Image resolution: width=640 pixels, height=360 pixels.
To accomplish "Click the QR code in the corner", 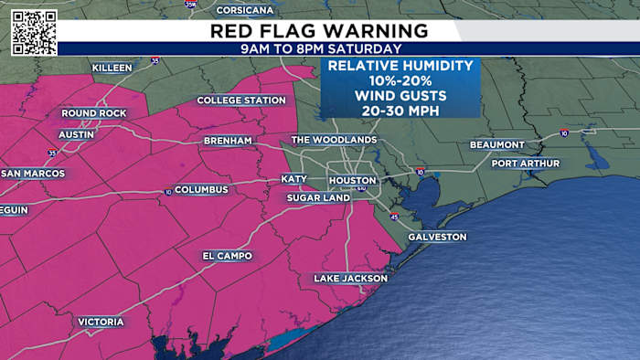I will [34, 32].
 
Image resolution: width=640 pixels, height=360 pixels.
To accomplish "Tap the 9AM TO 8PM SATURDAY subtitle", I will [320, 48].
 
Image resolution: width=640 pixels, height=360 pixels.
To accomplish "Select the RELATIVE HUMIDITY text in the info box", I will [400, 66].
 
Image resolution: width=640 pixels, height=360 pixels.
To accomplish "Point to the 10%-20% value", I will [400, 80].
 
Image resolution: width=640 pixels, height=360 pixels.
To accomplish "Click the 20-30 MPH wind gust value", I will [400, 110].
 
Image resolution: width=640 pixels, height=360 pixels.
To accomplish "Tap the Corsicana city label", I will [245, 10].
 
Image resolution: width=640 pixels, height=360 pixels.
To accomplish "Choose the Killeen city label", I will [112, 69].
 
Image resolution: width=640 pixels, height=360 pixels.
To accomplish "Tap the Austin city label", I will [77, 134].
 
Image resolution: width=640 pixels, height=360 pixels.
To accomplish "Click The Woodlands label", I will [334, 140].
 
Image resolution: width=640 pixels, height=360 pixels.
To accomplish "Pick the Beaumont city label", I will [497, 145].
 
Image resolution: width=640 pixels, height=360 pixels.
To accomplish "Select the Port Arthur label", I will [521, 164].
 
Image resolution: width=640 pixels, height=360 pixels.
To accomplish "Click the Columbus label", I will [200, 190].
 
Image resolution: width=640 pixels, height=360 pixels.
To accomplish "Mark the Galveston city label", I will [438, 238].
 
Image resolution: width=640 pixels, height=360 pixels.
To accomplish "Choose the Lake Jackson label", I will [351, 279].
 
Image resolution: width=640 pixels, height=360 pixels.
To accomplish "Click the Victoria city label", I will [101, 323].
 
